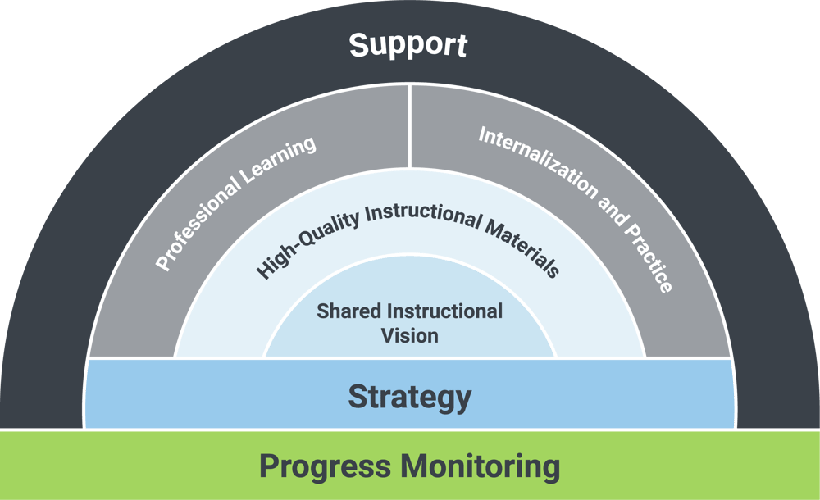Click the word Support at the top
pyautogui.click(x=408, y=45)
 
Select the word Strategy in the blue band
pyautogui.click(x=409, y=398)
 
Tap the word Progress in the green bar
pyautogui.click(x=324, y=466)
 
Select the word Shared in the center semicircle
pyautogui.click(x=348, y=311)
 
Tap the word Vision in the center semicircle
pyautogui.click(x=409, y=335)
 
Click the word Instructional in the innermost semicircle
pyautogui.click(x=444, y=311)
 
